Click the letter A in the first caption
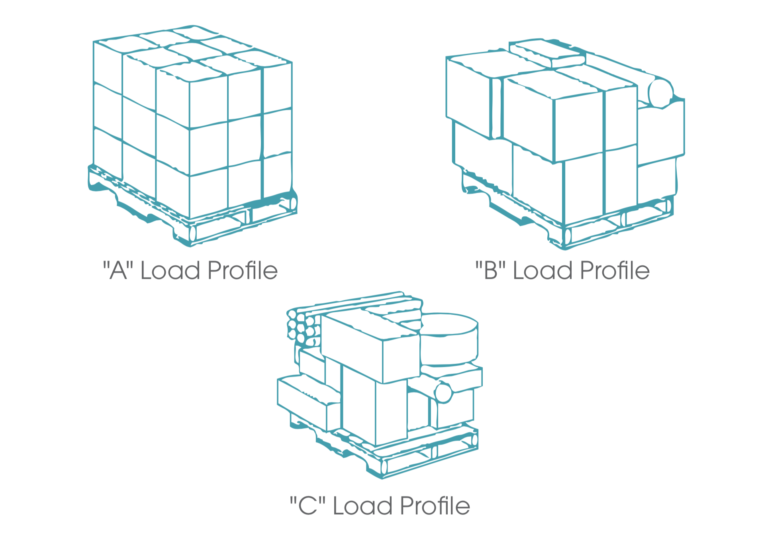(x=118, y=270)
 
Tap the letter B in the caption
(x=491, y=270)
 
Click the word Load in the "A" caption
(x=170, y=270)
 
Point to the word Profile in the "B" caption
(x=615, y=270)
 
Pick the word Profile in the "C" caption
(x=435, y=506)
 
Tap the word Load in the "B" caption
(x=543, y=270)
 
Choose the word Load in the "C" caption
(x=362, y=506)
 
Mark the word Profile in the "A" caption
(x=243, y=270)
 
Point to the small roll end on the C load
(x=443, y=393)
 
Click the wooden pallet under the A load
(x=191, y=207)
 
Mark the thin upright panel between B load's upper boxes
(x=497, y=108)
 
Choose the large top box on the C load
(x=370, y=347)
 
